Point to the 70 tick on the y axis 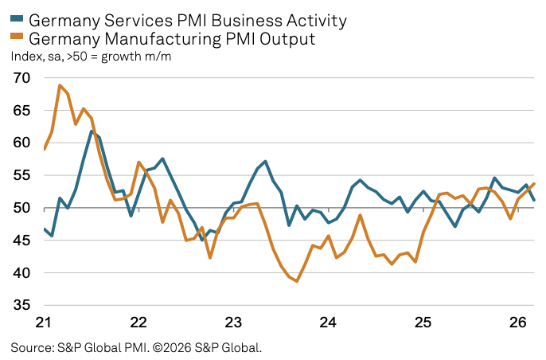coord(21,78)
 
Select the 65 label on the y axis coord(21,111)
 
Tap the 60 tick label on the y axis coord(21,143)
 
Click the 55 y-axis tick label coord(21,176)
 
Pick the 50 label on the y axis coord(21,209)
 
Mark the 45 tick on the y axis coord(21,241)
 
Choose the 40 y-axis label coord(21,273)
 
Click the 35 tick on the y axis coord(21,306)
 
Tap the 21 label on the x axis coord(44,323)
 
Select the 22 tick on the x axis coord(138,323)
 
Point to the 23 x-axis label coord(233,323)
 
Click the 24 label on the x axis coord(328,323)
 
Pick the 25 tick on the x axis coord(423,323)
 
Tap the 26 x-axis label coord(517,323)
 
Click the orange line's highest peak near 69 coord(60,85)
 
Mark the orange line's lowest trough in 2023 coord(296,281)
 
